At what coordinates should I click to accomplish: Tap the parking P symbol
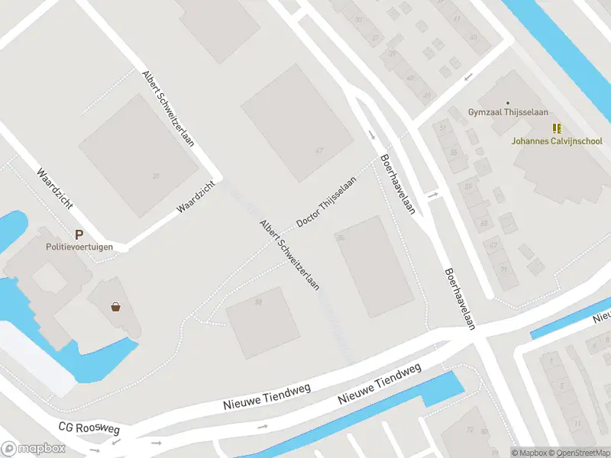coord(78,235)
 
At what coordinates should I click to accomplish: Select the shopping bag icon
coord(116,307)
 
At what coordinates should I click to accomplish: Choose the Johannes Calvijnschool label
coord(557,141)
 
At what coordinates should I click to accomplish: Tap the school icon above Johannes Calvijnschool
coord(557,129)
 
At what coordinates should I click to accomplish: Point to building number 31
coord(157,176)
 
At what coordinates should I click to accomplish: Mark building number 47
coord(318,150)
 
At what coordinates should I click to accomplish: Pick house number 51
coord(443,127)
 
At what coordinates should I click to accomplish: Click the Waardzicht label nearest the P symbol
coord(54,184)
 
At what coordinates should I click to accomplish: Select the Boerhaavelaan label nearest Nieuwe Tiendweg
coord(460,298)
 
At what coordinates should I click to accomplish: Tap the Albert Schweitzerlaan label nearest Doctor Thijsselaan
coord(289,256)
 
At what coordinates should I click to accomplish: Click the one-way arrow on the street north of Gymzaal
coord(468,77)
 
